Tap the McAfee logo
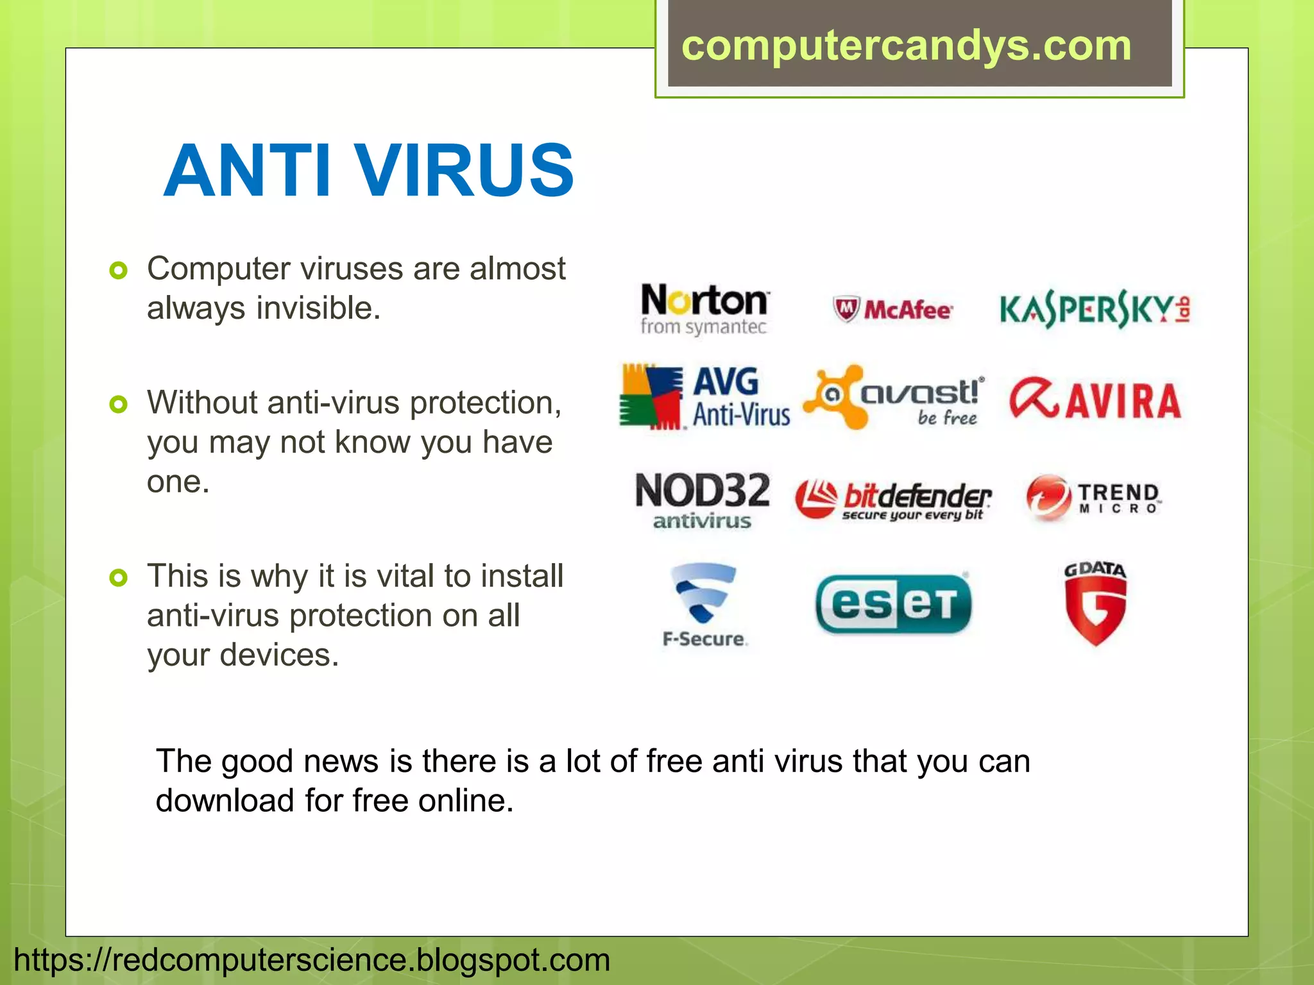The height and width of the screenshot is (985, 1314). pos(892,310)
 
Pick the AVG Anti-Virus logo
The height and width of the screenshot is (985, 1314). pos(704,397)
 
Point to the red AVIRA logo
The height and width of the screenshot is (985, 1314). pos(1095,400)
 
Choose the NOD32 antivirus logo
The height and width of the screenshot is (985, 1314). pos(703,500)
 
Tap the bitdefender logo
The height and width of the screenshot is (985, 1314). pos(893,500)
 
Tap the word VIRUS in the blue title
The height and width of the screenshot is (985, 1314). pos(465,171)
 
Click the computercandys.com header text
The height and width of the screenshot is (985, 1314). pos(906,46)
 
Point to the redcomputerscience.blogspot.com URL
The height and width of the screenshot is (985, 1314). pos(312,960)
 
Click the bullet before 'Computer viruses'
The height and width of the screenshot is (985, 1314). pos(119,270)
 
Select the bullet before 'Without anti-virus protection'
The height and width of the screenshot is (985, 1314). pos(119,404)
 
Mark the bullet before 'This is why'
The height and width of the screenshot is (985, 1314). pos(119,578)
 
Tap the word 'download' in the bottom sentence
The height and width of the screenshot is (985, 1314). pos(225,800)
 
